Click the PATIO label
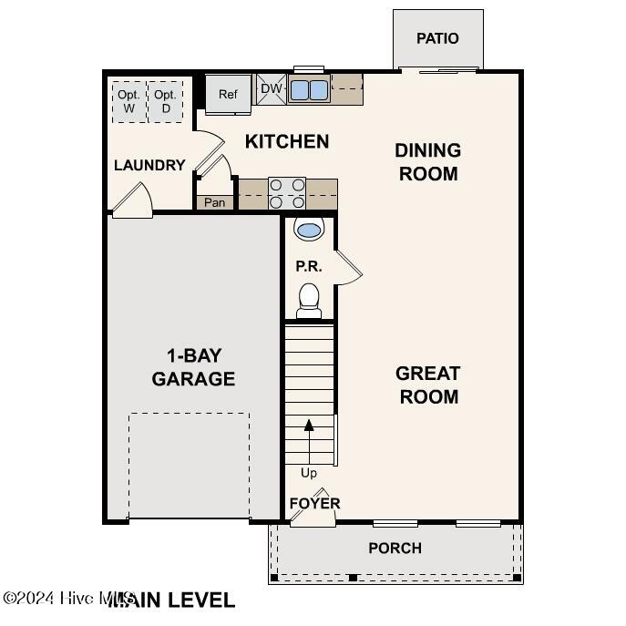(437, 38)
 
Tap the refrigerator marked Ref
(227, 95)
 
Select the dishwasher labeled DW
(272, 88)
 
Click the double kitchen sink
(309, 89)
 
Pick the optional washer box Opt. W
(128, 101)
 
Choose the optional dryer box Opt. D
(165, 101)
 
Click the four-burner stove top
(286, 193)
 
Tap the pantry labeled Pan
(214, 202)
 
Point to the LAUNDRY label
(149, 165)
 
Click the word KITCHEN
(287, 141)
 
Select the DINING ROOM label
(427, 161)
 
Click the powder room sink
(309, 230)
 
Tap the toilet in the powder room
(309, 299)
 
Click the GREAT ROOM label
(427, 385)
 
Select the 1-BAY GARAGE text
(193, 367)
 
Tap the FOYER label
(314, 503)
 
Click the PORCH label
(395, 548)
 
